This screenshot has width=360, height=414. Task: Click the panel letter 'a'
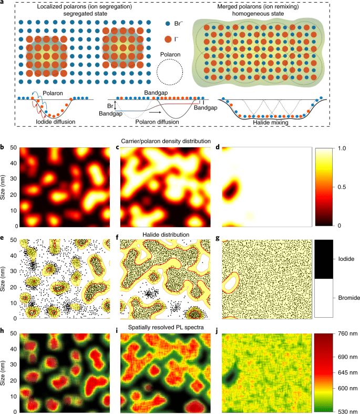click(x=4, y=3)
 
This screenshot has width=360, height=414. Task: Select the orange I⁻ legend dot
click(x=167, y=38)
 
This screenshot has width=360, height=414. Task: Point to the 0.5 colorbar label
click(x=342, y=187)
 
